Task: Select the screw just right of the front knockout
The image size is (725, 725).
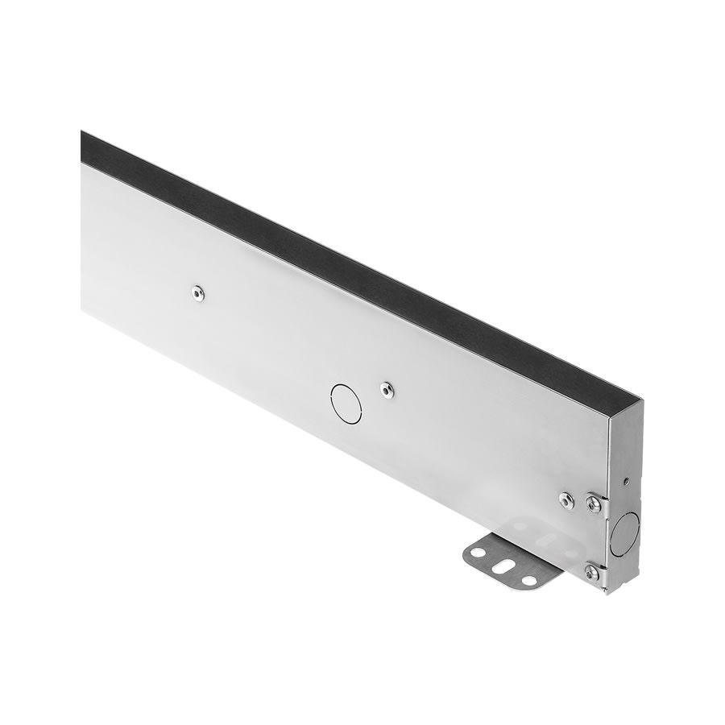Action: click(387, 390)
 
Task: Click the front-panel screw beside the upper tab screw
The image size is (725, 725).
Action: click(567, 500)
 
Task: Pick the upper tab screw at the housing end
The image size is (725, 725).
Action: click(594, 504)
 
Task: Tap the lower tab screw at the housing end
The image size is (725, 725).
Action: click(592, 572)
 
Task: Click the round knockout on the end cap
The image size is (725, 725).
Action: click(624, 533)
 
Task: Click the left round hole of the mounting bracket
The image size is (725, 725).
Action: click(478, 553)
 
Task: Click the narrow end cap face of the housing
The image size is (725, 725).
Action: click(624, 499)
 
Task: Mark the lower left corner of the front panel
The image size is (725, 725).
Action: click(82, 309)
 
